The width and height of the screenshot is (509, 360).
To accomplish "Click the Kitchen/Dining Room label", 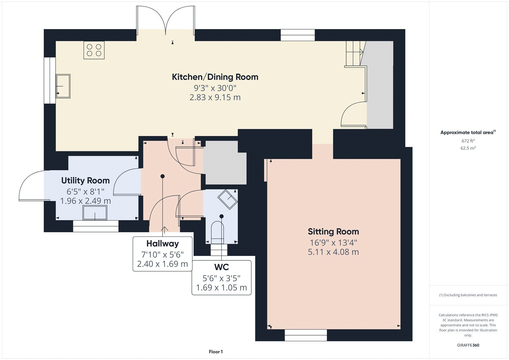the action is [215, 77].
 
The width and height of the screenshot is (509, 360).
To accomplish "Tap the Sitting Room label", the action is [333, 231].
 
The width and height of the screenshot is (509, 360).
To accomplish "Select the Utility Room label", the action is [86, 180].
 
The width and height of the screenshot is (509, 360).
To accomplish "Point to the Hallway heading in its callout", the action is [163, 244].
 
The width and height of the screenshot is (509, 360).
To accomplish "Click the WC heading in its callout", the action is [221, 267].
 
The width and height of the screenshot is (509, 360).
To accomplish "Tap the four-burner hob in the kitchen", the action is [94, 50].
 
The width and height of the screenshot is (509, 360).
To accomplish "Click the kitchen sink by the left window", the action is [63, 86].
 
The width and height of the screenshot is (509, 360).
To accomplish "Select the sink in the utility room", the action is [95, 213].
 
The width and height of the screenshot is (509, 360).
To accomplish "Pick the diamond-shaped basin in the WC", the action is [227, 199].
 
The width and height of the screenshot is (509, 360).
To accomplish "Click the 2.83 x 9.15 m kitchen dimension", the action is [215, 97].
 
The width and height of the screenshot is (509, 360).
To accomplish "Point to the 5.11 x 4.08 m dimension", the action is [333, 252].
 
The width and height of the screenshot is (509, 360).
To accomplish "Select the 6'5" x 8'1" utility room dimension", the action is [86, 192].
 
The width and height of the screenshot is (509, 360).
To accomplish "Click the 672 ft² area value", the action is [468, 141].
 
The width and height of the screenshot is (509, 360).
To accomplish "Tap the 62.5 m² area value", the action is [468, 148].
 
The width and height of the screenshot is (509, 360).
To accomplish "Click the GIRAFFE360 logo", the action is [468, 345].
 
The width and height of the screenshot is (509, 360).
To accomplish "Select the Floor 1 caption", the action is [216, 352].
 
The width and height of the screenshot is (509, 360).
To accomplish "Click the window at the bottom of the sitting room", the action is [306, 335].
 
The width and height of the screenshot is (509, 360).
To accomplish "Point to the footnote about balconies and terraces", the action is [468, 295].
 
